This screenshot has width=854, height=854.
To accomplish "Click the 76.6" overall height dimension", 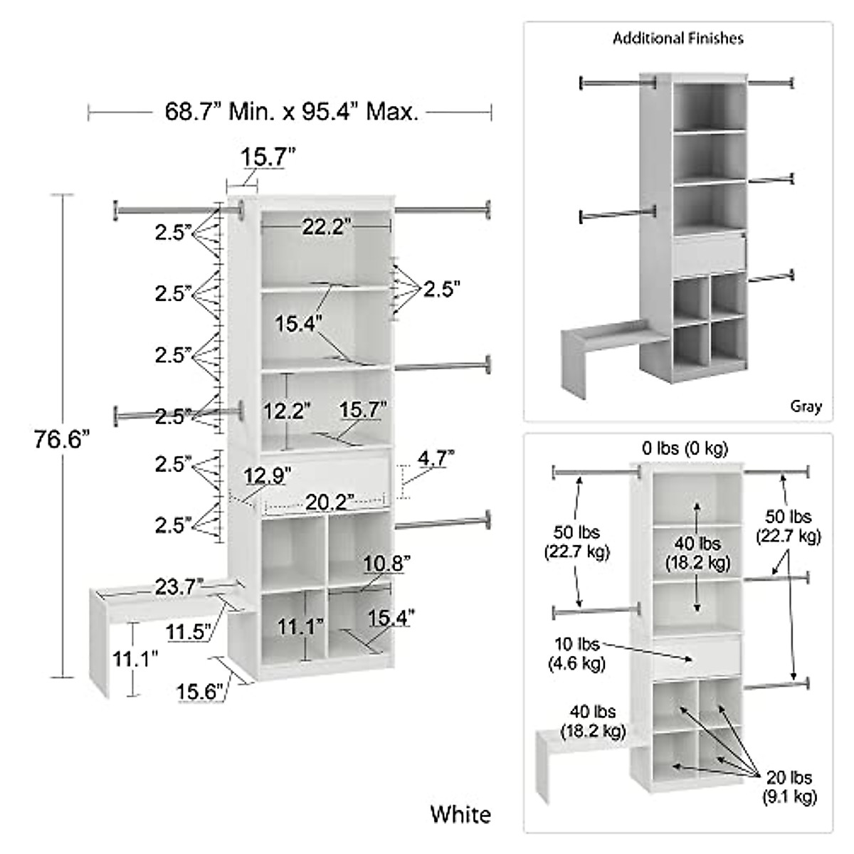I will pos(63,441).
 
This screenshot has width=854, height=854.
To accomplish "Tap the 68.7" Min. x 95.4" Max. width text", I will pos(292,112).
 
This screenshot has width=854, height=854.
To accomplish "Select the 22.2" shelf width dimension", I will pos(327,227).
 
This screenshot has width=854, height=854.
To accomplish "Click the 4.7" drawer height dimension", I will pos(436,458).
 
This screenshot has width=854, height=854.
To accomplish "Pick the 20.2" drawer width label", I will pos(330,502).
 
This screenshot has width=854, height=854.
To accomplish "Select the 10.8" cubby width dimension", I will pos(386,564).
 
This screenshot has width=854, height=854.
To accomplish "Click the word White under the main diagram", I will pos(460,814).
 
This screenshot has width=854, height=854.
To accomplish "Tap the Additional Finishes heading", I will pos(678,38).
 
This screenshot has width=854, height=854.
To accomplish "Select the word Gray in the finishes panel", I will pos(806,406).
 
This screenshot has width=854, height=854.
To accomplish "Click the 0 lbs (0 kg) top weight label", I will pos(685,448).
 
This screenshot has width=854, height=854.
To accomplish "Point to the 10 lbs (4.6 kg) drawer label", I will pos(577,654).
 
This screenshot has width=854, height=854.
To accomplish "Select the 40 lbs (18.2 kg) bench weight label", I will pos(593,721).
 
